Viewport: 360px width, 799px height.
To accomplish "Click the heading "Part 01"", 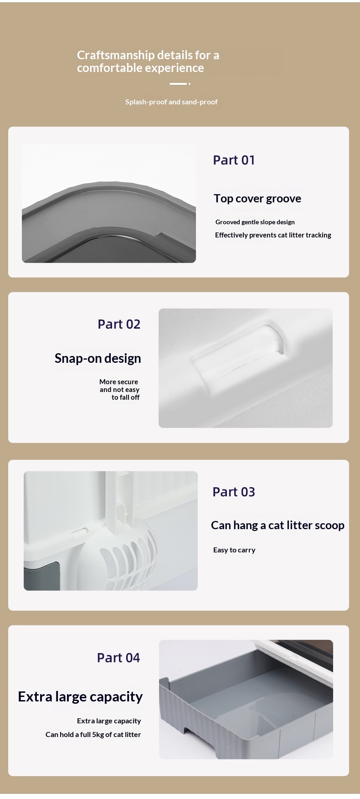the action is click(234, 160).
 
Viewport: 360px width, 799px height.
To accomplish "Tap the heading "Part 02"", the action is click(119, 324).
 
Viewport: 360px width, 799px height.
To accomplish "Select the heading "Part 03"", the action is click(234, 492).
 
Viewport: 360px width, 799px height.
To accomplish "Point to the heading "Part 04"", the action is click(118, 658).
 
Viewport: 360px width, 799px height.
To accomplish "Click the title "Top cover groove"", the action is click(257, 199).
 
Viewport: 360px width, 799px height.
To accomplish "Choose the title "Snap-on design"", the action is click(98, 359).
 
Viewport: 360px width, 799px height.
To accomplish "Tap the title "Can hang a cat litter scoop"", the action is click(278, 526).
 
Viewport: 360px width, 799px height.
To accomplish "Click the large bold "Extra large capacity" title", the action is click(80, 697).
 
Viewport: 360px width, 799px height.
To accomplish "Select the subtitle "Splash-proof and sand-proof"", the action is click(171, 102).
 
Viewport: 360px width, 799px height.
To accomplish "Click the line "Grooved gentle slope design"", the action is click(255, 222).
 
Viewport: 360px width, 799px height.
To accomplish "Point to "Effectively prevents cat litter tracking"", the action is click(273, 235).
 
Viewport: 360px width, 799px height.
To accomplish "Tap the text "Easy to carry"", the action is click(234, 550).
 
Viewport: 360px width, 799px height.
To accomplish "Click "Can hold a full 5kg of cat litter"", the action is click(93, 735).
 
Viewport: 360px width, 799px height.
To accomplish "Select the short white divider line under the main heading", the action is click(178, 84).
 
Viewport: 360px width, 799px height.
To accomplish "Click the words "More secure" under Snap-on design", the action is click(118, 382).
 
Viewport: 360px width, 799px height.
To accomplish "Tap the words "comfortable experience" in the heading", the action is click(140, 68).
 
